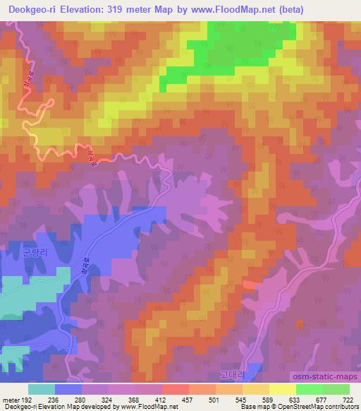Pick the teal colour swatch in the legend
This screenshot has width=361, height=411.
(42, 389)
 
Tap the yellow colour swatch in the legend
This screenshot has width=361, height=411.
(283, 389)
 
